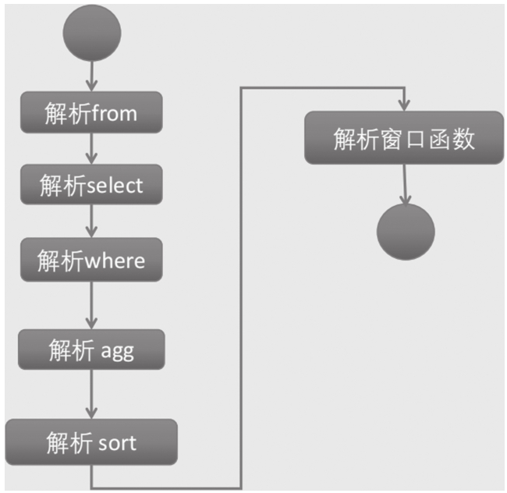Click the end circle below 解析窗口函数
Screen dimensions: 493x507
405,233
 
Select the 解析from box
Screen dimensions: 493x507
92,113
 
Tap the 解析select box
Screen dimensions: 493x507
92,186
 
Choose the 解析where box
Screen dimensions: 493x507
92,259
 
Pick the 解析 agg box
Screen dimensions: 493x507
92,350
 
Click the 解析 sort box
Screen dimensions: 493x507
92,443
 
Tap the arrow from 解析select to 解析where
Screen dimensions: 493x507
92,222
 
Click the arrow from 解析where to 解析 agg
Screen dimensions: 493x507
92,305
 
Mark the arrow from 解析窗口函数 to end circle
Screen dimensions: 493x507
405,185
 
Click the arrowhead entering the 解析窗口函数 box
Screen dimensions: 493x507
404,105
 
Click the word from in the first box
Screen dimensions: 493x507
114,114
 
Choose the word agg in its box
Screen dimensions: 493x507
117,351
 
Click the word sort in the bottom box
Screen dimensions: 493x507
118,444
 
